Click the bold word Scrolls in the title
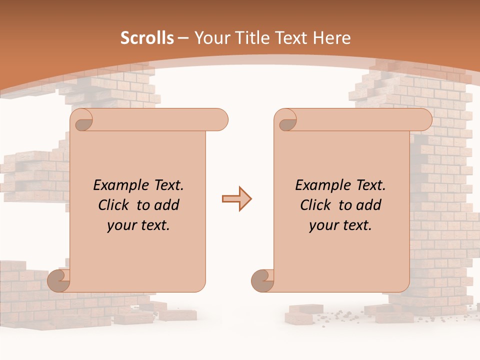[147, 38]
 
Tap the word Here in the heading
[332, 38]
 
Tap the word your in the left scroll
[120, 225]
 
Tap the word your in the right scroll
[322, 225]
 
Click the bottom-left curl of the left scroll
[59, 280]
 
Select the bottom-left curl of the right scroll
[262, 280]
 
